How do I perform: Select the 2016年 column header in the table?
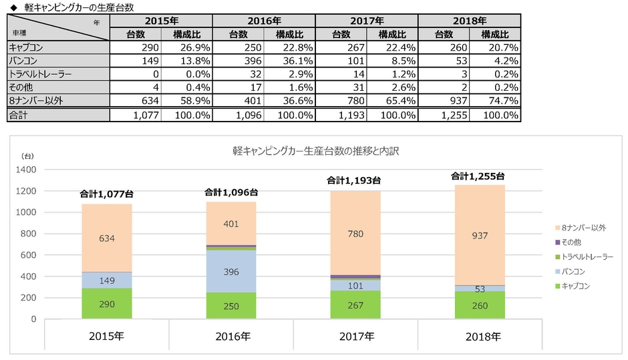264,21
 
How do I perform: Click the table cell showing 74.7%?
494,101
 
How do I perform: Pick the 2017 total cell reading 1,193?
341,115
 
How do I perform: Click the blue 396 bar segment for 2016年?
231,273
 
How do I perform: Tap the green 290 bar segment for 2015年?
106,303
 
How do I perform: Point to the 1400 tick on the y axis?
25,170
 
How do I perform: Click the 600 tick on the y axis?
28,255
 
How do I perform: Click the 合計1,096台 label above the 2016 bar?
231,192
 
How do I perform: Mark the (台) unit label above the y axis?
27,156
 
